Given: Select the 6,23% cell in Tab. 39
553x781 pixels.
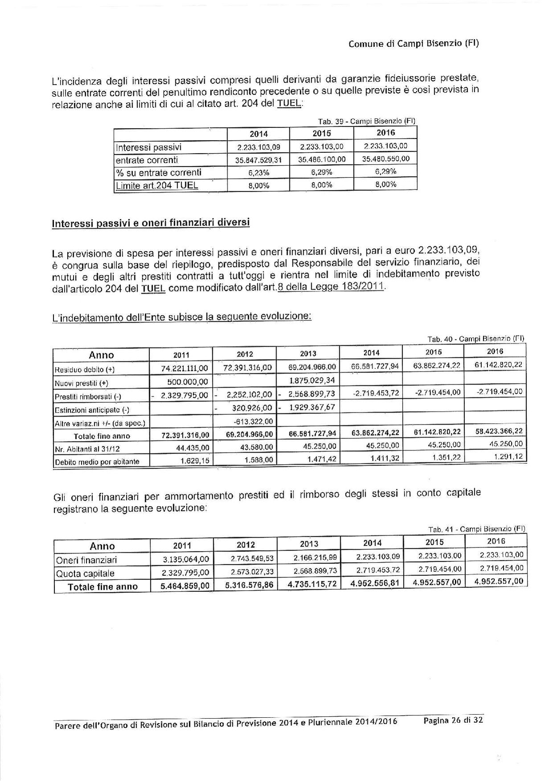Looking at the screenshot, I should point(259,173).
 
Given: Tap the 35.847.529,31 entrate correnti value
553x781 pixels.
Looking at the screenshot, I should point(259,160).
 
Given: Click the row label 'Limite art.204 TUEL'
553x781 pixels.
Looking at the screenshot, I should point(157,185).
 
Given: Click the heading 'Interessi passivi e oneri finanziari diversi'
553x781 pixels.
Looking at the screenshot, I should point(151,223).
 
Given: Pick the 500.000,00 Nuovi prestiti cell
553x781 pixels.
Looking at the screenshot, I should point(187,382).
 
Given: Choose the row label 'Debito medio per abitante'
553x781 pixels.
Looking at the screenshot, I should point(97,462).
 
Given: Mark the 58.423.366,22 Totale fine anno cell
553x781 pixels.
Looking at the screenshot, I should point(496,432).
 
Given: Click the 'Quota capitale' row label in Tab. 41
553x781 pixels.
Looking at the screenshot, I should point(85,573).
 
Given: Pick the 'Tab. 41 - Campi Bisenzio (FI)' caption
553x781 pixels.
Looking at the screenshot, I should point(476,529).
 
